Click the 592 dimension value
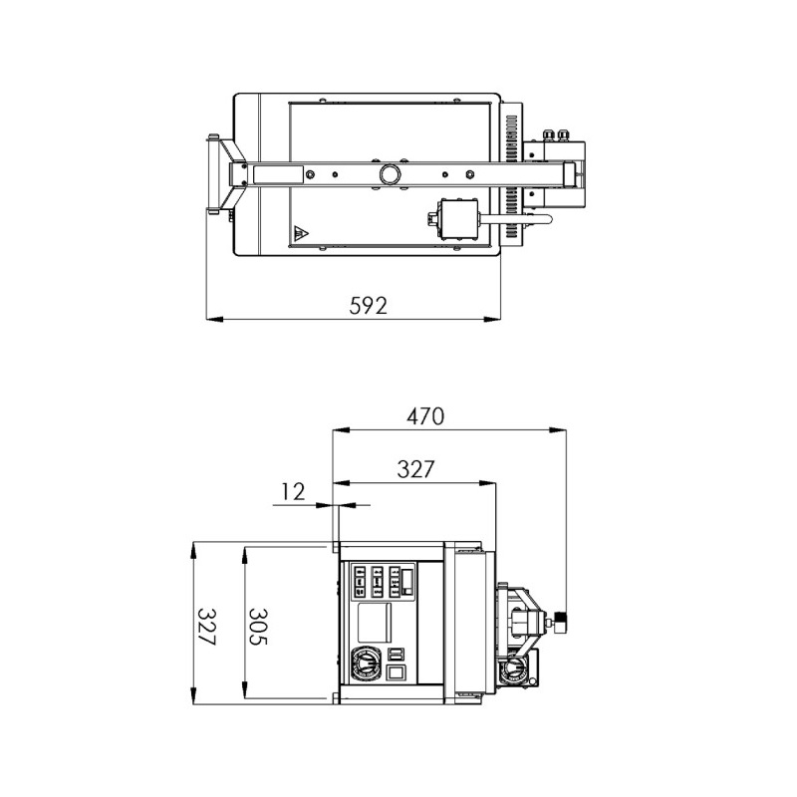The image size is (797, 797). click(x=368, y=306)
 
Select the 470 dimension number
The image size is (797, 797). click(x=425, y=416)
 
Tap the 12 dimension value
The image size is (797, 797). click(x=293, y=491)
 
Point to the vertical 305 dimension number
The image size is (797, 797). click(x=258, y=627)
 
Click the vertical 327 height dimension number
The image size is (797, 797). click(x=206, y=627)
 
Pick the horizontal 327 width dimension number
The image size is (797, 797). click(x=415, y=469)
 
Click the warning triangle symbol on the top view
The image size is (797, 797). click(x=301, y=234)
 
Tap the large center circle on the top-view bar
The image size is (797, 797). click(x=390, y=174)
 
